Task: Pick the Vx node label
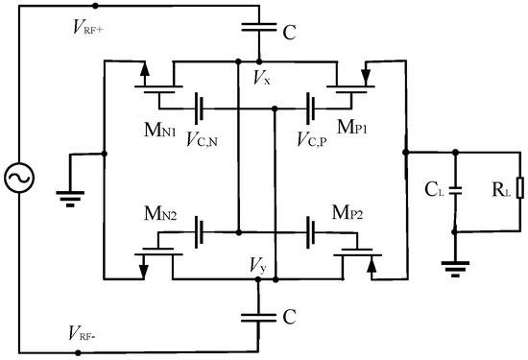click(x=260, y=78)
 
